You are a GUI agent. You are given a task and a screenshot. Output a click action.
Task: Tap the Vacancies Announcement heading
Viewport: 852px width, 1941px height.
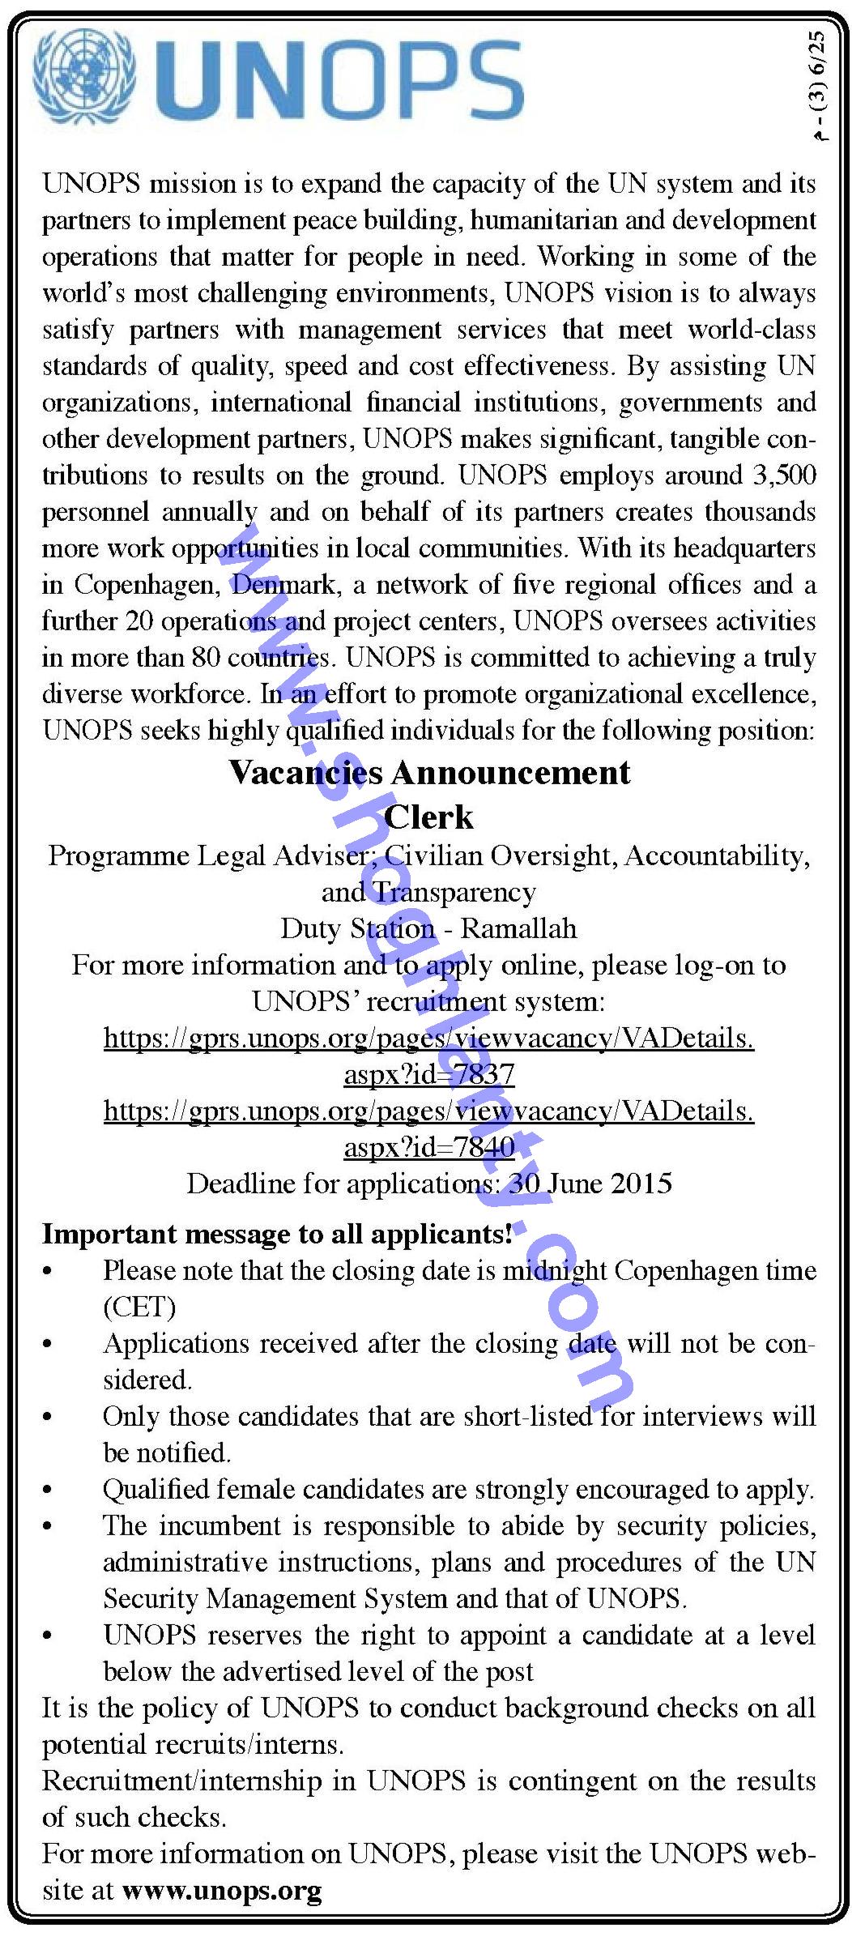tap(429, 772)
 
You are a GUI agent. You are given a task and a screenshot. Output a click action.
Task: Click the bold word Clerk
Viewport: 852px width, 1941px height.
tap(428, 817)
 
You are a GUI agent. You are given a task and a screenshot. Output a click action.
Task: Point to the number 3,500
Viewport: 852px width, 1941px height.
tap(783, 476)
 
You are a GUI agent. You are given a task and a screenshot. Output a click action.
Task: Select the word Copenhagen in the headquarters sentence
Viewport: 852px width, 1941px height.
tap(146, 585)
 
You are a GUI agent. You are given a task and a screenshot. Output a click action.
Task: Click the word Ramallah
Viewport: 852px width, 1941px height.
tap(519, 928)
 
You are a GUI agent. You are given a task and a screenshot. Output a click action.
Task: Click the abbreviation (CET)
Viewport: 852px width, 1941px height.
tap(139, 1307)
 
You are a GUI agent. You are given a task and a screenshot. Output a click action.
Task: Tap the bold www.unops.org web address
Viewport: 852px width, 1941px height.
tap(222, 1892)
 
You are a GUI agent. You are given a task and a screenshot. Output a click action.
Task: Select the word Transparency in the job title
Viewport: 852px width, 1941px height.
tap(454, 892)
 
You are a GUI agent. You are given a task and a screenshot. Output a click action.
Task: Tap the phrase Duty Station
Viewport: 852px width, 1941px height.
tap(357, 928)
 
